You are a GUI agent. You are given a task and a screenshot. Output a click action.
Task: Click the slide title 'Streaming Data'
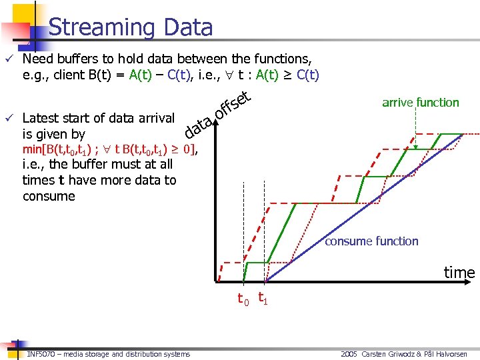(131, 27)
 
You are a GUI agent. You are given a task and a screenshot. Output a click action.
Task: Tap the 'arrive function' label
(420, 102)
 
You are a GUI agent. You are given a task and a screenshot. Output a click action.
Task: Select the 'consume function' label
(371, 241)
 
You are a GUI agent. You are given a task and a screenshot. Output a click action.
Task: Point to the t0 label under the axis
(243, 299)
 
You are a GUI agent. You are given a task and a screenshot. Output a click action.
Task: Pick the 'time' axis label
(459, 273)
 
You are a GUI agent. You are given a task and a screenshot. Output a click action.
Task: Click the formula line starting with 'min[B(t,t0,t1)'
(111, 149)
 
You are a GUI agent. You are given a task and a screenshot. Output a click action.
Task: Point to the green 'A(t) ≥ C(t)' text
(287, 75)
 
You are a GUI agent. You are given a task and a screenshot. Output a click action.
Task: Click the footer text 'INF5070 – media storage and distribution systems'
(109, 354)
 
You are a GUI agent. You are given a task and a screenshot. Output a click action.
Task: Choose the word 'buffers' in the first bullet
(81, 59)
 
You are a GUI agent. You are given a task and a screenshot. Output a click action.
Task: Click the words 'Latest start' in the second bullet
(57, 119)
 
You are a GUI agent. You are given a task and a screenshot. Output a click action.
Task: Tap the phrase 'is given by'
(53, 135)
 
